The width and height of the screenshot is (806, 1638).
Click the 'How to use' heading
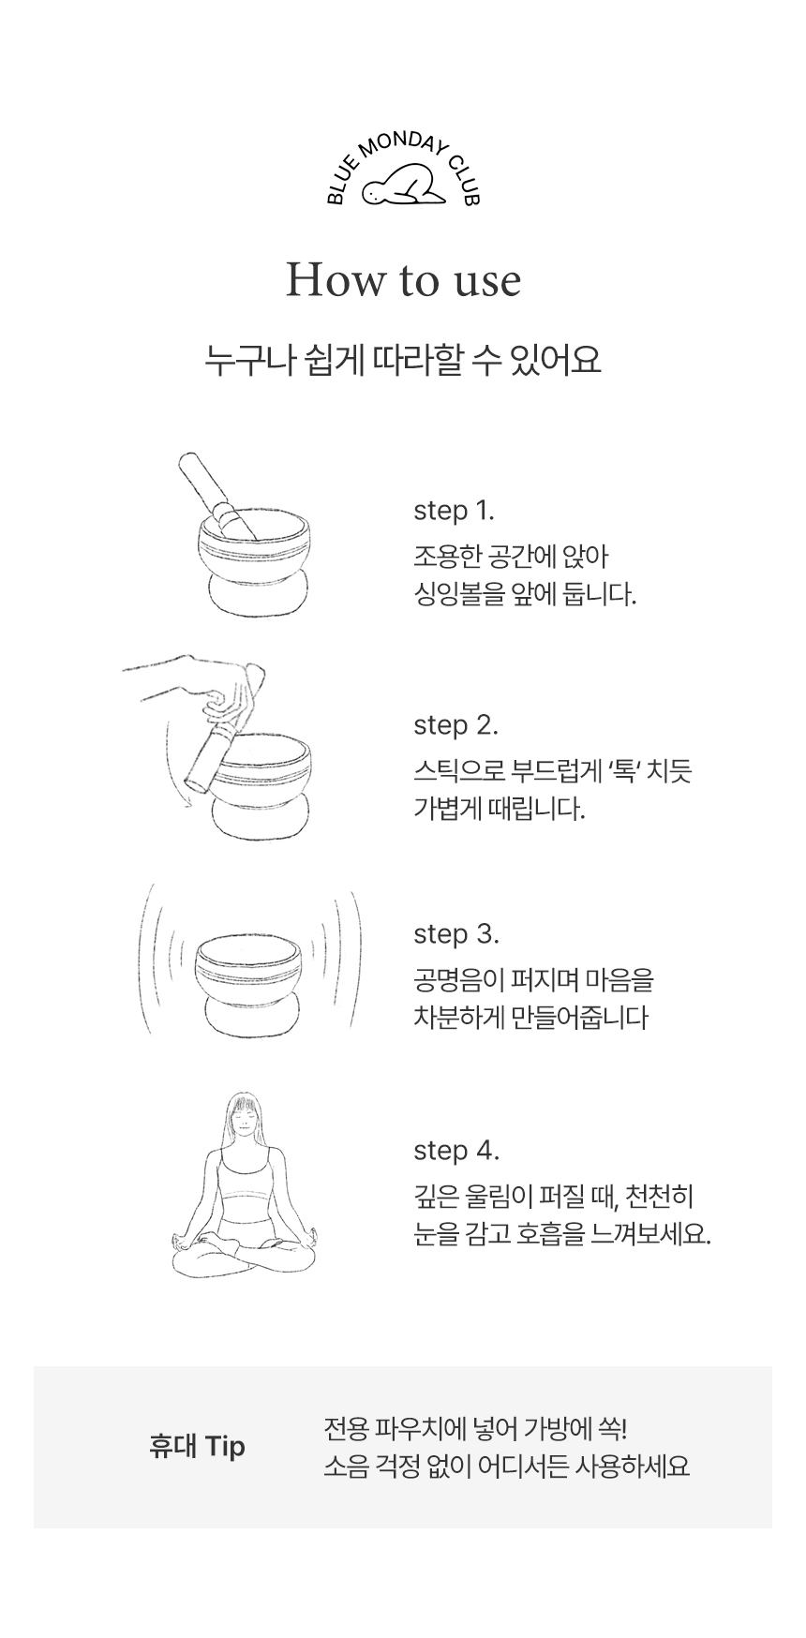tap(403, 280)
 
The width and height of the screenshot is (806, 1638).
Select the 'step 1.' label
tap(454, 511)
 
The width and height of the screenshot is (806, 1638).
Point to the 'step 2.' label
tap(455, 725)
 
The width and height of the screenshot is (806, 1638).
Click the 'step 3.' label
tap(456, 934)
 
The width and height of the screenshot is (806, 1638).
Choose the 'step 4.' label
tap(456, 1151)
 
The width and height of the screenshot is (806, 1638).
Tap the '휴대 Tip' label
tap(197, 1446)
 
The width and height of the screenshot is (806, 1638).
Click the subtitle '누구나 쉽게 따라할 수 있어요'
tap(403, 361)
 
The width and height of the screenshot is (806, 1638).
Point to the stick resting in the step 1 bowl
tap(217, 496)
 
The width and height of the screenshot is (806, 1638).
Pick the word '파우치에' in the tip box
tap(413, 1430)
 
